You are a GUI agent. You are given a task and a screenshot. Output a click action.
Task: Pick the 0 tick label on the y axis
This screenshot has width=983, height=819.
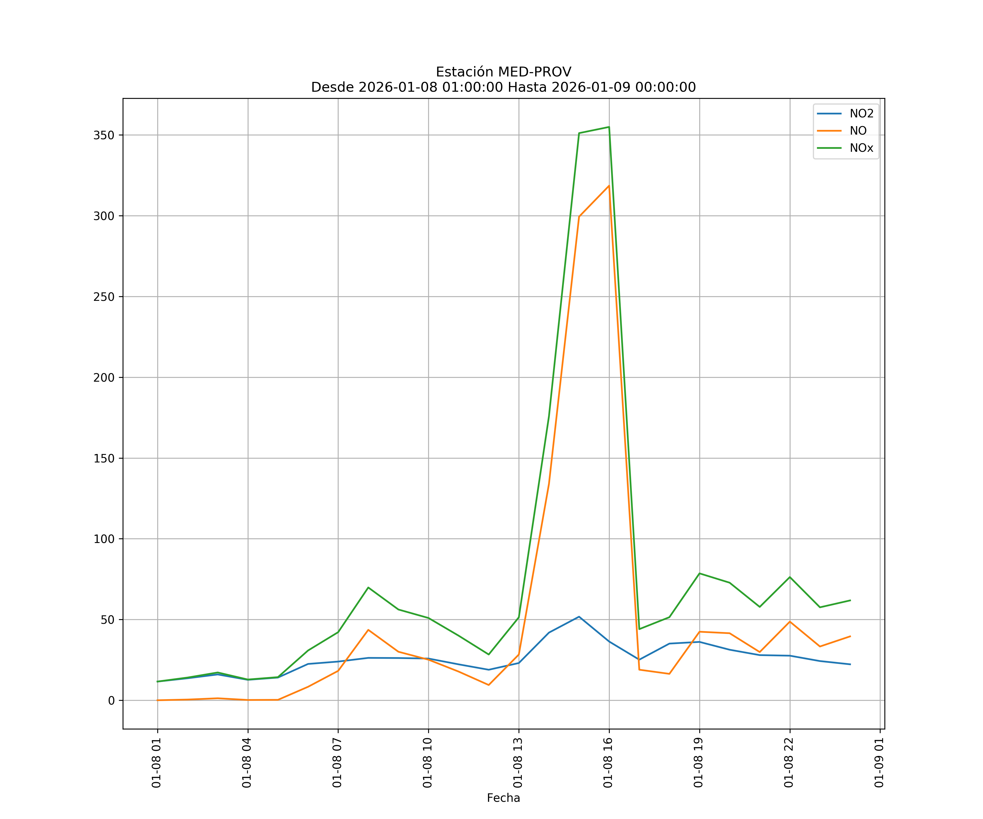click(x=111, y=701)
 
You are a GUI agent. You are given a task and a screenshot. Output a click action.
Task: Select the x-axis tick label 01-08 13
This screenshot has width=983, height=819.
click(x=518, y=762)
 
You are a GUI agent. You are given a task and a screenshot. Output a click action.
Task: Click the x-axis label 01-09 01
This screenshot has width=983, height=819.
click(x=879, y=762)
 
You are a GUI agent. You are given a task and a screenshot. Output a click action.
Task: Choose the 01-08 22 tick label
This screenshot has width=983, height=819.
click(x=789, y=762)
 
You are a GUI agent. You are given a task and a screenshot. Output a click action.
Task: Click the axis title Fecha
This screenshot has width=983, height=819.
click(x=503, y=798)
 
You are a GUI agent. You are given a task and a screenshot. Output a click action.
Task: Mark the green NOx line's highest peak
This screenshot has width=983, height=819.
click(x=609, y=127)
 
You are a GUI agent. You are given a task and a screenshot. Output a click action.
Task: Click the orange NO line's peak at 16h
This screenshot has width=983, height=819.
click(x=609, y=186)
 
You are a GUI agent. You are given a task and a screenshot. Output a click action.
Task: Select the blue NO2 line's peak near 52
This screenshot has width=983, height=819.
click(x=579, y=617)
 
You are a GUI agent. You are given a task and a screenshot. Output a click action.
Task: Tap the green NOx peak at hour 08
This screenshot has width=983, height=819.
click(x=368, y=587)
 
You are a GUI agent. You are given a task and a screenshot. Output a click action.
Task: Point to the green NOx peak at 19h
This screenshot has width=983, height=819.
click(x=699, y=573)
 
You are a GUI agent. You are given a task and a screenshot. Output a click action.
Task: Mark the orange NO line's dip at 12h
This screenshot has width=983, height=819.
click(x=489, y=685)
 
